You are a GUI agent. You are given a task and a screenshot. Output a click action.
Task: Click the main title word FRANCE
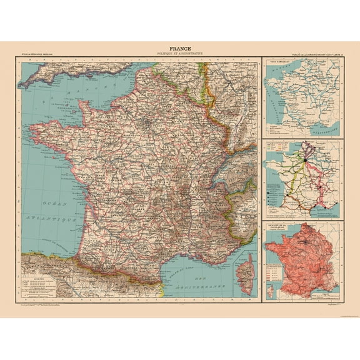[179, 47]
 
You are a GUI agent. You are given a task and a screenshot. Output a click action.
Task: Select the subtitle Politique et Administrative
[179, 53]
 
